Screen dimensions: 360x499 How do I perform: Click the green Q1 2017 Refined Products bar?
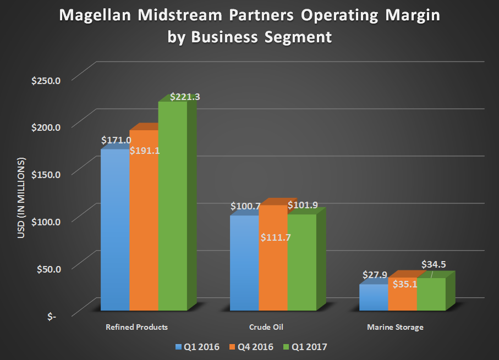click(x=172, y=209)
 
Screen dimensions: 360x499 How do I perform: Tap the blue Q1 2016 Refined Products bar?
click(x=114, y=231)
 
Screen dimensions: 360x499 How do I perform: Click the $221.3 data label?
click(x=185, y=97)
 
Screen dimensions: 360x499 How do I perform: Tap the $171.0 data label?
click(x=116, y=141)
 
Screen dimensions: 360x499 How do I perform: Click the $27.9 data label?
click(x=374, y=275)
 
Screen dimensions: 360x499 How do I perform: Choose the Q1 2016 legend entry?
click(x=197, y=347)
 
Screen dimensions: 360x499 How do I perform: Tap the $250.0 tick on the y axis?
click(x=47, y=81)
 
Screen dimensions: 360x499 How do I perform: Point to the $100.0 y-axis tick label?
click(x=47, y=221)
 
